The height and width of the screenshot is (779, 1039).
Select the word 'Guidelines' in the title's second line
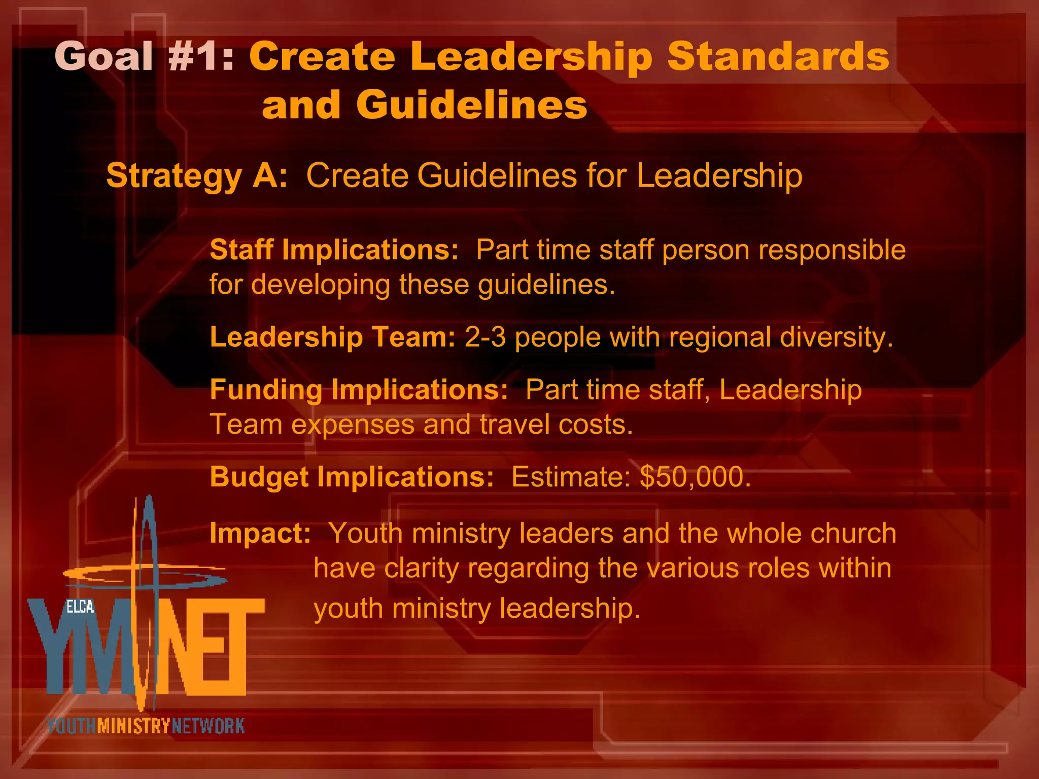[471, 105]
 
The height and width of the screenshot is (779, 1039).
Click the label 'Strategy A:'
[197, 176]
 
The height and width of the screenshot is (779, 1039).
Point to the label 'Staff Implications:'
[334, 250]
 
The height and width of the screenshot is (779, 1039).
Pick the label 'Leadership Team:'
[333, 337]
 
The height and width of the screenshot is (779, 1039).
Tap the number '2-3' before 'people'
[485, 337]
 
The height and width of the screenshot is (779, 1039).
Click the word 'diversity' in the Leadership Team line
[833, 337]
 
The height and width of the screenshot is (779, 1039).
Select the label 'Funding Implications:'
[359, 390]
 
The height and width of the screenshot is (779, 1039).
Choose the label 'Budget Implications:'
[352, 477]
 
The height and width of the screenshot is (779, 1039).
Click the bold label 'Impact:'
[260, 534]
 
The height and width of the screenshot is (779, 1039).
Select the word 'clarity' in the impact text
[421, 568]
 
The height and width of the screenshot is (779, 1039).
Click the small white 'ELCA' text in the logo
[80, 607]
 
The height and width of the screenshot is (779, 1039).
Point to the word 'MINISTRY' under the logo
[133, 726]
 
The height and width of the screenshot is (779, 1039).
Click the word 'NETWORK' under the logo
[208, 726]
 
